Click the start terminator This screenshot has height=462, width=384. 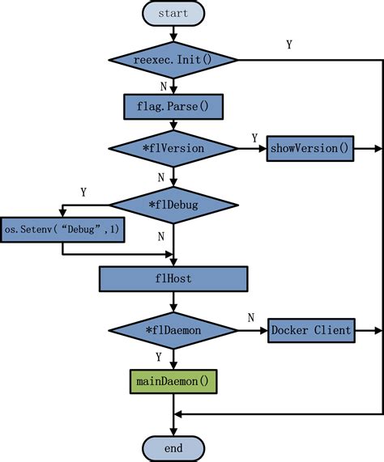pos(173,14)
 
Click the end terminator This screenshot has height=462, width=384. pos(173,447)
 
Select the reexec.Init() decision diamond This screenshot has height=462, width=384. pos(173,60)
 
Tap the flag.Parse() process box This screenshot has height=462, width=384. pos(173,105)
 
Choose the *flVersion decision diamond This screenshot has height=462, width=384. pos(173,149)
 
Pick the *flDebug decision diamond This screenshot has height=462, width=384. pos(173,205)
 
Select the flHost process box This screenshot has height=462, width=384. pos(173,279)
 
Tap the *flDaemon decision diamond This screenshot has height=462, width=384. pos(173,329)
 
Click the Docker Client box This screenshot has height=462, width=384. pos(311,329)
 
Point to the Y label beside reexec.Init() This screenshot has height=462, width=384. pos(289,45)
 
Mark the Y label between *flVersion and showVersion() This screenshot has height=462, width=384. pos(254,138)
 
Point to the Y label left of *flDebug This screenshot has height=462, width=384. pos(83,193)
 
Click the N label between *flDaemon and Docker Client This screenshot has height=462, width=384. pos(250,317)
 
